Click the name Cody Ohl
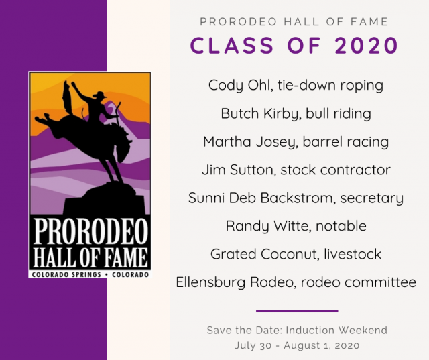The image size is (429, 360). click(x=237, y=85)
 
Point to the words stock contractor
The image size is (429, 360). click(x=337, y=170)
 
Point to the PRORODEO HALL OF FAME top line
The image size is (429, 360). click(x=294, y=22)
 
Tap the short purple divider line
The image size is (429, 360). click(x=297, y=310)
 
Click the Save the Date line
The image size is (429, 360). click(x=297, y=331)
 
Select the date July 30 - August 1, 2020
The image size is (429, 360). click(x=297, y=346)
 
